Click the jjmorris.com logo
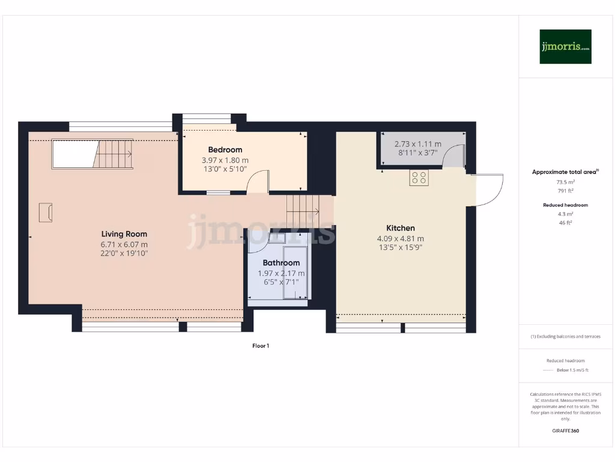click(565, 47)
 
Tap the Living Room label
click(124, 234)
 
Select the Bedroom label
click(225, 150)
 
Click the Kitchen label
click(400, 228)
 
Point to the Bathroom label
click(281, 263)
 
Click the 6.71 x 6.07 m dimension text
click(124, 244)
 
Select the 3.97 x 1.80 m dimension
click(225, 161)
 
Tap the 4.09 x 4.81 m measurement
click(400, 238)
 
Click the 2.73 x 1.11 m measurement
click(417, 144)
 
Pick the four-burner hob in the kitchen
click(419, 178)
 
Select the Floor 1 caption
click(260, 346)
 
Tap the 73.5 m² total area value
click(565, 181)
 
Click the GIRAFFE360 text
click(565, 431)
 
